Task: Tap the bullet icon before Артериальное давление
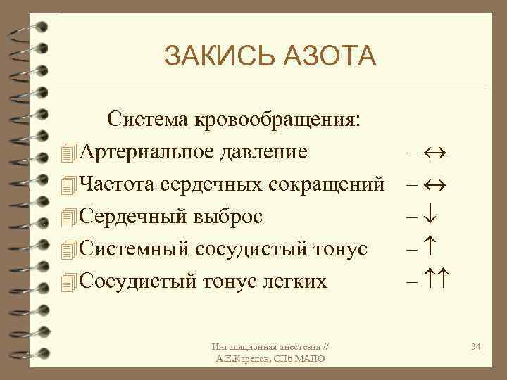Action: [x=68, y=152]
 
